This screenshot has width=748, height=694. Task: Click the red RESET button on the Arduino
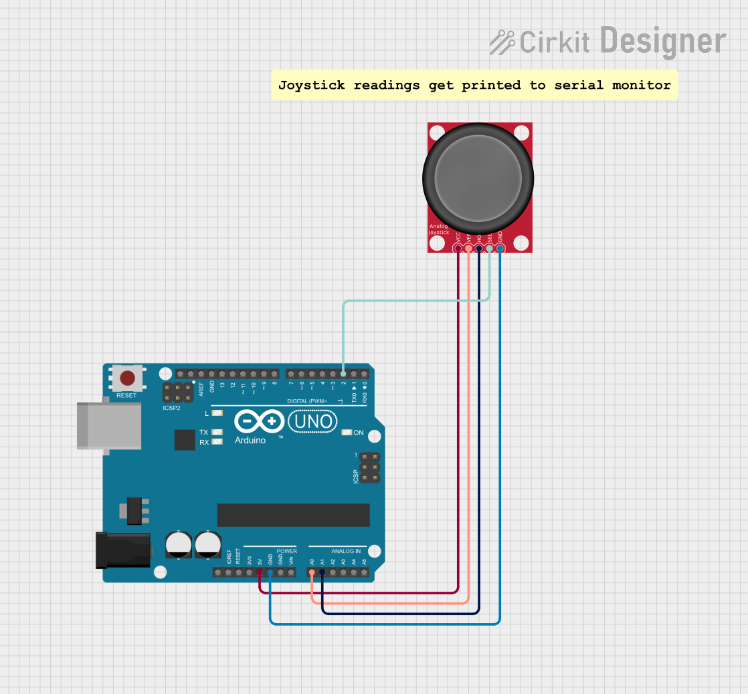coord(127,378)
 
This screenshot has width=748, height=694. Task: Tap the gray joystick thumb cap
coord(478,177)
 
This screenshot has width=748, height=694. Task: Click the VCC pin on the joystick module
coord(458,249)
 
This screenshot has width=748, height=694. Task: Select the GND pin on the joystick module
coord(500,249)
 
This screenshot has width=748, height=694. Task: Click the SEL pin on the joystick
coord(489,249)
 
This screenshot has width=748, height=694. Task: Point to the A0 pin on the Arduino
coord(312,572)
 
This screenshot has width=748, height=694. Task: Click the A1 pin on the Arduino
coord(322,572)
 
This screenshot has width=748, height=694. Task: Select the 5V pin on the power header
coord(260,572)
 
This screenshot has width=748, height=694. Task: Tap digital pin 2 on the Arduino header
coord(343,374)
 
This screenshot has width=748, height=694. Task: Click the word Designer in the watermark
coord(662,41)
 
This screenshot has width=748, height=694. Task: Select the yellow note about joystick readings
coord(474,85)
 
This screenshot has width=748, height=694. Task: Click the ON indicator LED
coord(346,433)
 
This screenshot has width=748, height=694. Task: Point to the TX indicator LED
coord(217,433)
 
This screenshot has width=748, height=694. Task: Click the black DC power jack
coord(124,550)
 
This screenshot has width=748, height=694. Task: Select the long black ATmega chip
coord(293,515)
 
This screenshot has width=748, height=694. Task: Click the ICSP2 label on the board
coord(171,407)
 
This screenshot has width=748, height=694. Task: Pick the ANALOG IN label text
coord(346,551)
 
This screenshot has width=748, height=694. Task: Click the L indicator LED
coord(217,414)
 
